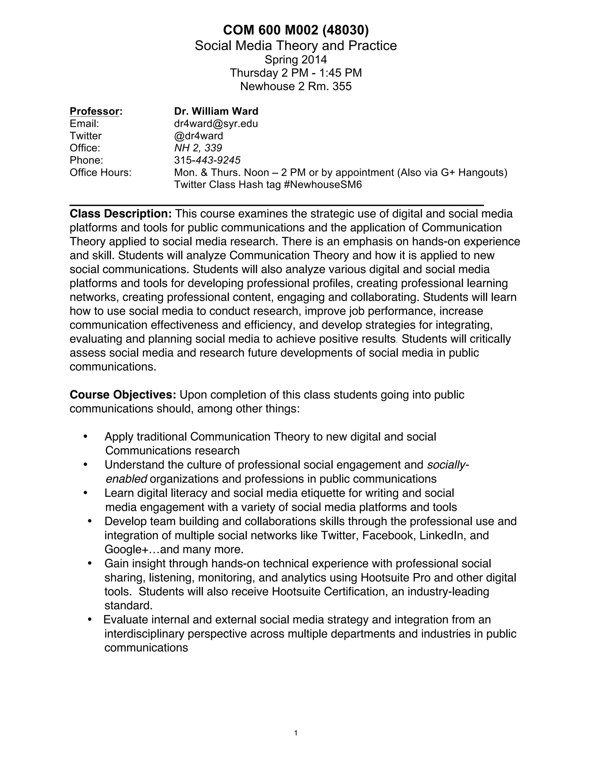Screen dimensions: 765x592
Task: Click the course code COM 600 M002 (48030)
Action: coord(296,31)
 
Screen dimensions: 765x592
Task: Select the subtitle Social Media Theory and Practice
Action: coord(296,46)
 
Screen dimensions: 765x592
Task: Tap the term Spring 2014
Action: coord(296,59)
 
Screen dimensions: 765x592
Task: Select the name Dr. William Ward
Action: coord(216,111)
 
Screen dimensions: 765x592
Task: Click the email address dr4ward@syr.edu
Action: coord(216,124)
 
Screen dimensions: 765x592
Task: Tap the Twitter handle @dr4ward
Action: coord(199,136)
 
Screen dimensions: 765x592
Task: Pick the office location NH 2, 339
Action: coord(198,148)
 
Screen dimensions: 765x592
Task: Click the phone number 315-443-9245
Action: coord(207,160)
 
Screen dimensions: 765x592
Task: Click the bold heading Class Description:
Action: coord(121,214)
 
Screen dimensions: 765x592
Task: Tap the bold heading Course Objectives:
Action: coord(123,395)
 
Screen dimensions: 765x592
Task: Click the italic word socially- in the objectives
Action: coord(448,465)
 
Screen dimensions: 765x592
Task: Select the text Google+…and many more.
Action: coord(174,549)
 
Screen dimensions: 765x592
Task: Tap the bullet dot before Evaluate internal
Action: coord(90,620)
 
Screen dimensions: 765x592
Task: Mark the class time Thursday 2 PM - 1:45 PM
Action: coord(296,73)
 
